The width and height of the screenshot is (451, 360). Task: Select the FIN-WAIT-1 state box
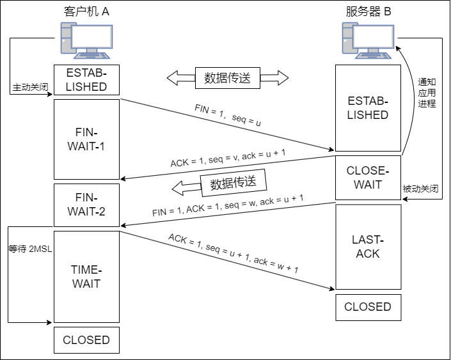tap(86, 139)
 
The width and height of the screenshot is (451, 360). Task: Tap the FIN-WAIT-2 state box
tap(86, 204)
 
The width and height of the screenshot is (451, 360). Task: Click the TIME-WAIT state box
tap(86, 276)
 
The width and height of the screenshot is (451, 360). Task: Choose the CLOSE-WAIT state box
tap(368, 178)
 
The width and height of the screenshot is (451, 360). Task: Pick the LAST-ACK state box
tap(368, 247)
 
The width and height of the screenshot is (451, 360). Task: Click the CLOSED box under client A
tap(86, 340)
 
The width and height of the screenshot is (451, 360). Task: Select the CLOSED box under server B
tap(368, 307)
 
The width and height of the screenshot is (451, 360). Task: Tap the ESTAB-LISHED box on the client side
tap(86, 80)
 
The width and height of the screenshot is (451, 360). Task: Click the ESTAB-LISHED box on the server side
tap(368, 108)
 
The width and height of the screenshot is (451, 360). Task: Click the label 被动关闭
tap(420, 189)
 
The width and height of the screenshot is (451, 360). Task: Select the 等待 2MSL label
tap(29, 249)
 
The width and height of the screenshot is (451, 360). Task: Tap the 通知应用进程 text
tap(427, 92)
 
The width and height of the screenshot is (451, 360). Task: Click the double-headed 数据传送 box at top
tap(227, 78)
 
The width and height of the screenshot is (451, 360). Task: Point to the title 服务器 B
tap(367, 11)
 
